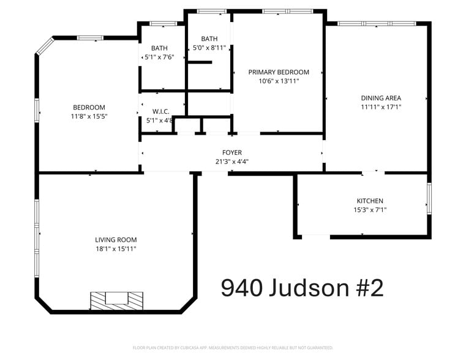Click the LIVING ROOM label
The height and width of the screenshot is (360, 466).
coord(116,239)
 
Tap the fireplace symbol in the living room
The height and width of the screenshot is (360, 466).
coord(117,299)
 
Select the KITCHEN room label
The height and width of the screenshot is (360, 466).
coord(370,201)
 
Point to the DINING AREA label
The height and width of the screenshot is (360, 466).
coord(381,98)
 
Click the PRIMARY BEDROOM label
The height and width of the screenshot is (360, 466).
coord(279,72)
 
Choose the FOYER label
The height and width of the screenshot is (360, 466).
coord(231,152)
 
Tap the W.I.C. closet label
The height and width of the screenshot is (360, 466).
coord(160,111)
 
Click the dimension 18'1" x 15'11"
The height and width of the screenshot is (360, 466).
coord(116,249)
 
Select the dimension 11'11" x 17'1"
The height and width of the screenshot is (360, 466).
coord(381,107)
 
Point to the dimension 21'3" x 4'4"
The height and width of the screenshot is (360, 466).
coord(231,162)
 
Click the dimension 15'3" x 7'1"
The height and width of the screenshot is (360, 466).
coord(370,210)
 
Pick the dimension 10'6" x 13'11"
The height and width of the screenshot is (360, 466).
coord(279,81)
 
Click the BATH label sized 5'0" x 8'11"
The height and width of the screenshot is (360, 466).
coord(209,38)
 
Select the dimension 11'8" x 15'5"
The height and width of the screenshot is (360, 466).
coord(89,116)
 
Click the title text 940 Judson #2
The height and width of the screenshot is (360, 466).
coord(302,287)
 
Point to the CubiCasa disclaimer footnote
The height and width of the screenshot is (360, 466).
coord(233,348)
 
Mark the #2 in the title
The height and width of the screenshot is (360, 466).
coord(369,287)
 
